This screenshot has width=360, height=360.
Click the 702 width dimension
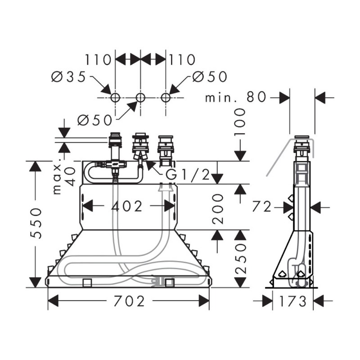coord(129,301)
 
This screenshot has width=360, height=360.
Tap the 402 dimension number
coord(127,206)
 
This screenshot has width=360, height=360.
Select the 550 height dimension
coord(36,223)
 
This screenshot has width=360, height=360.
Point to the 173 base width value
coord(293,301)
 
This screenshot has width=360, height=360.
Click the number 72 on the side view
coord(262,207)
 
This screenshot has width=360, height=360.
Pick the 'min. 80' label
coord(235,97)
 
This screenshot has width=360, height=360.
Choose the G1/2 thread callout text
coord(188,175)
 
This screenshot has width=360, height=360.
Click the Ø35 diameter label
coord(68,76)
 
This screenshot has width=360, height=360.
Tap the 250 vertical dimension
coord(240,258)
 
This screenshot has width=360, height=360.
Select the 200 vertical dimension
coord(217,209)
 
